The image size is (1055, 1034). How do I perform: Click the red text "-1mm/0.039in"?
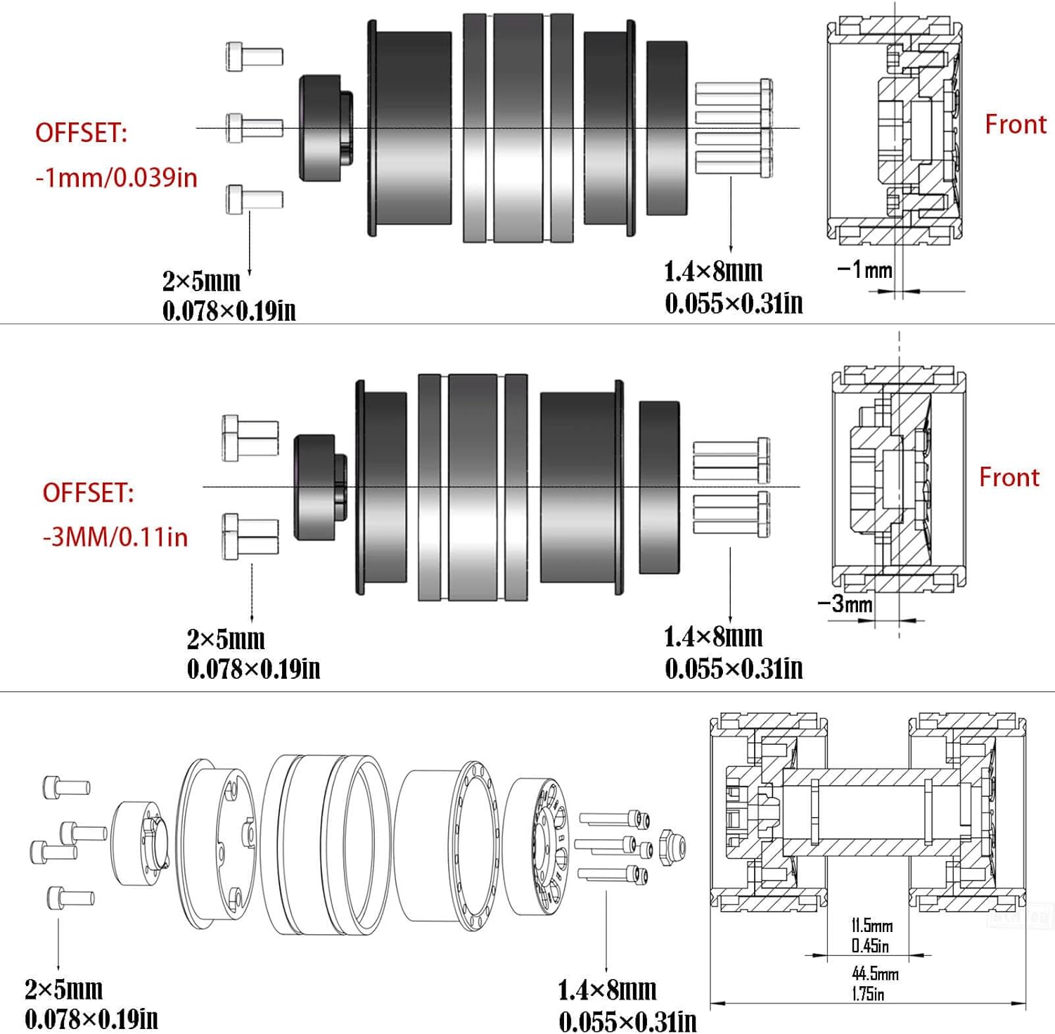pyautogui.click(x=117, y=177)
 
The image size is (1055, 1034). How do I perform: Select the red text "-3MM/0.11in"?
pyautogui.click(x=115, y=537)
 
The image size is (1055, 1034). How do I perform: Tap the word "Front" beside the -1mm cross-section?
pyautogui.click(x=1016, y=125)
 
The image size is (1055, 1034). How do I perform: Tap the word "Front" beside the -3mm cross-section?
pyautogui.click(x=1009, y=478)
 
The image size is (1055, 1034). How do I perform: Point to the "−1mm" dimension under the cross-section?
pyautogui.click(x=864, y=269)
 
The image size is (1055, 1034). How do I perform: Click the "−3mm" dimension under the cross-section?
pyautogui.click(x=845, y=604)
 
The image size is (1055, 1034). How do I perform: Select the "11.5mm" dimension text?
pyautogui.click(x=872, y=926)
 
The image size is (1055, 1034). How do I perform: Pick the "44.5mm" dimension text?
pyautogui.click(x=875, y=974)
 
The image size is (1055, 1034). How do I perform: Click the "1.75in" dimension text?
pyautogui.click(x=868, y=994)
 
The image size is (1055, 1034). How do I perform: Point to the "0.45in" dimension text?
pyautogui.click(x=870, y=946)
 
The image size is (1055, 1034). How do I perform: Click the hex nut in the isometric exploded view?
pyautogui.click(x=672, y=844)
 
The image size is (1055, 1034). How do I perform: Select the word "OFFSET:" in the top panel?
pyautogui.click(x=82, y=133)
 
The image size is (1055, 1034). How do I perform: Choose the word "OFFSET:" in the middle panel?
pyautogui.click(x=88, y=493)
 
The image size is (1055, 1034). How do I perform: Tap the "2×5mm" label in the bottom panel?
pyautogui.click(x=64, y=990)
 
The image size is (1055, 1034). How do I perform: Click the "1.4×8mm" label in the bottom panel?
pyautogui.click(x=607, y=990)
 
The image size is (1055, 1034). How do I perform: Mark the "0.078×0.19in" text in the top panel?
pyautogui.click(x=229, y=310)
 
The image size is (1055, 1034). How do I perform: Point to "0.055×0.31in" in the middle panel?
pyautogui.click(x=734, y=668)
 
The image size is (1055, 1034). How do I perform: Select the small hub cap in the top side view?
pyautogui.click(x=326, y=129)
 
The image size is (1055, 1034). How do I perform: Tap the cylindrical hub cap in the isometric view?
pyautogui.click(x=141, y=843)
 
